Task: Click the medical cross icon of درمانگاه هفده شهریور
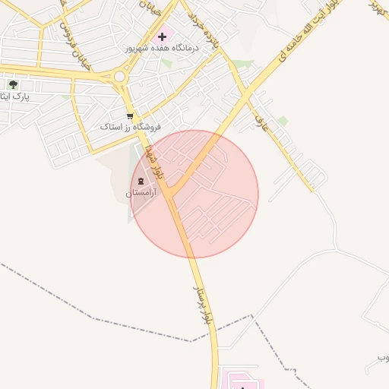click(161, 36)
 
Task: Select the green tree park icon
click(13, 84)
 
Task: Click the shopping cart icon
click(130, 116)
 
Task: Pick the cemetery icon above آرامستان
click(141, 181)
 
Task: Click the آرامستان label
click(140, 194)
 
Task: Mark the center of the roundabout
click(119, 76)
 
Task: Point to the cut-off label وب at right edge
click(382, 357)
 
